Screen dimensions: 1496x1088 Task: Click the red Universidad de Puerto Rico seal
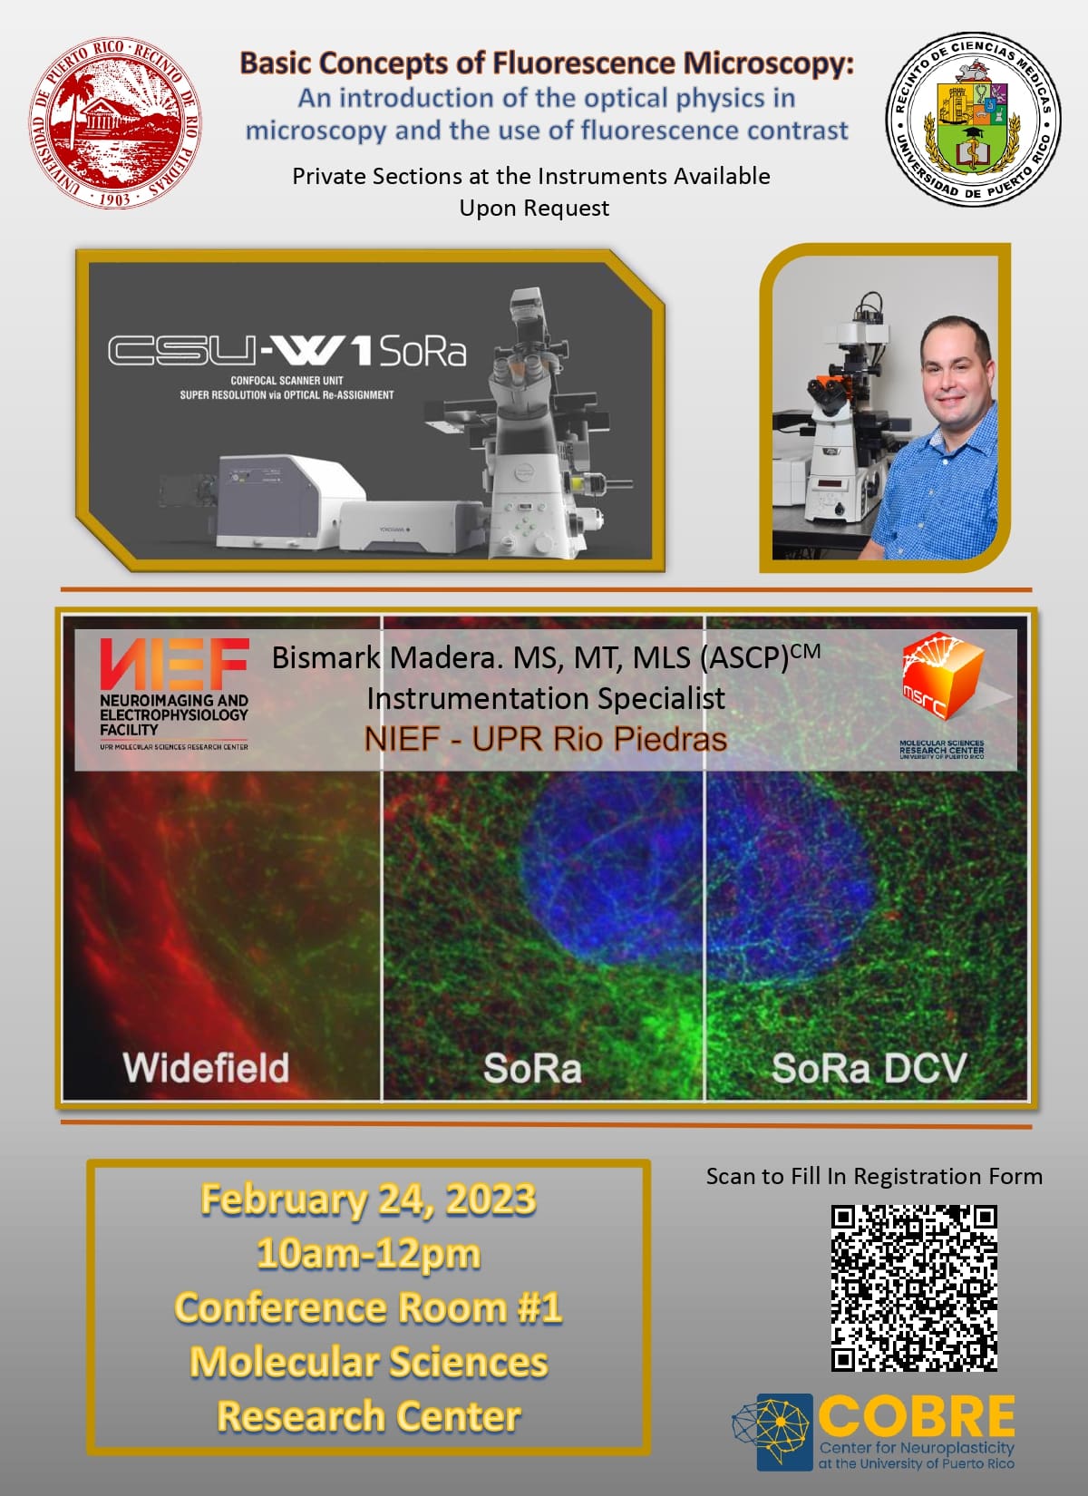coord(116,122)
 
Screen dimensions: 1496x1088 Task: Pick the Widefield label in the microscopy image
coord(206,1067)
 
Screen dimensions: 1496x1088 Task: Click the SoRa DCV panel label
coord(868,1067)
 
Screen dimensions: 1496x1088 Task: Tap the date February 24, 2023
coord(368,1199)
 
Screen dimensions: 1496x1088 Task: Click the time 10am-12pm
coord(368,1253)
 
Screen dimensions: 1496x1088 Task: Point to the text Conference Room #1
coord(368,1307)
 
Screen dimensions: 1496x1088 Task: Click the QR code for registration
coord(914,1287)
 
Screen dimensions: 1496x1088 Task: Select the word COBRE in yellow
coord(916,1415)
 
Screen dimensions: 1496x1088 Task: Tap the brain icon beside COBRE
coord(772,1432)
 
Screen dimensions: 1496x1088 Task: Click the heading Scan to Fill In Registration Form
coord(874,1176)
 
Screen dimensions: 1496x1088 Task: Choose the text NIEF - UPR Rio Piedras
coord(545,739)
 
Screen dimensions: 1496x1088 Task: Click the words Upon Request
coord(534,208)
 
